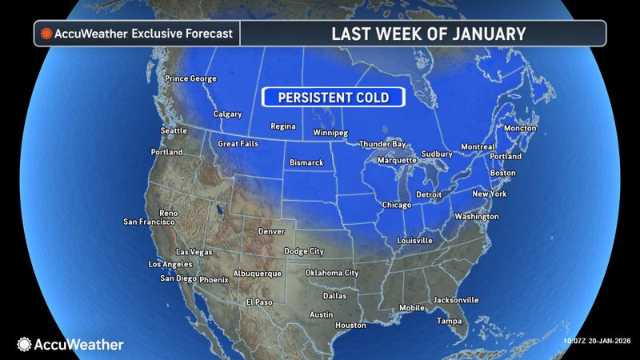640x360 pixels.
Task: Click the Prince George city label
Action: tap(190, 78)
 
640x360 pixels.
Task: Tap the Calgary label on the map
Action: tap(227, 114)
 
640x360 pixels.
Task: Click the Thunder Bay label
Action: tap(381, 143)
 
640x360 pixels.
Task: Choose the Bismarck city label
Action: tap(306, 163)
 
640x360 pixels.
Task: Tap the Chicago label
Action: tap(397, 205)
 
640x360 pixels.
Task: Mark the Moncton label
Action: tap(520, 128)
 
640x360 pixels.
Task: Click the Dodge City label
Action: tap(305, 251)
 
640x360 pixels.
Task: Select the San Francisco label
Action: tap(149, 222)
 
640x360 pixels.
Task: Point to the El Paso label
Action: tap(259, 302)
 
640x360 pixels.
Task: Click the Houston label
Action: tap(350, 325)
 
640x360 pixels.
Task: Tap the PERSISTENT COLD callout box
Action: tap(333, 97)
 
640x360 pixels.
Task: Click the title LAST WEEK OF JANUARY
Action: tap(429, 34)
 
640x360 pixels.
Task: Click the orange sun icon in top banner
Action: tap(47, 34)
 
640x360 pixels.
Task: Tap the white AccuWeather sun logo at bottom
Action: tap(24, 344)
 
